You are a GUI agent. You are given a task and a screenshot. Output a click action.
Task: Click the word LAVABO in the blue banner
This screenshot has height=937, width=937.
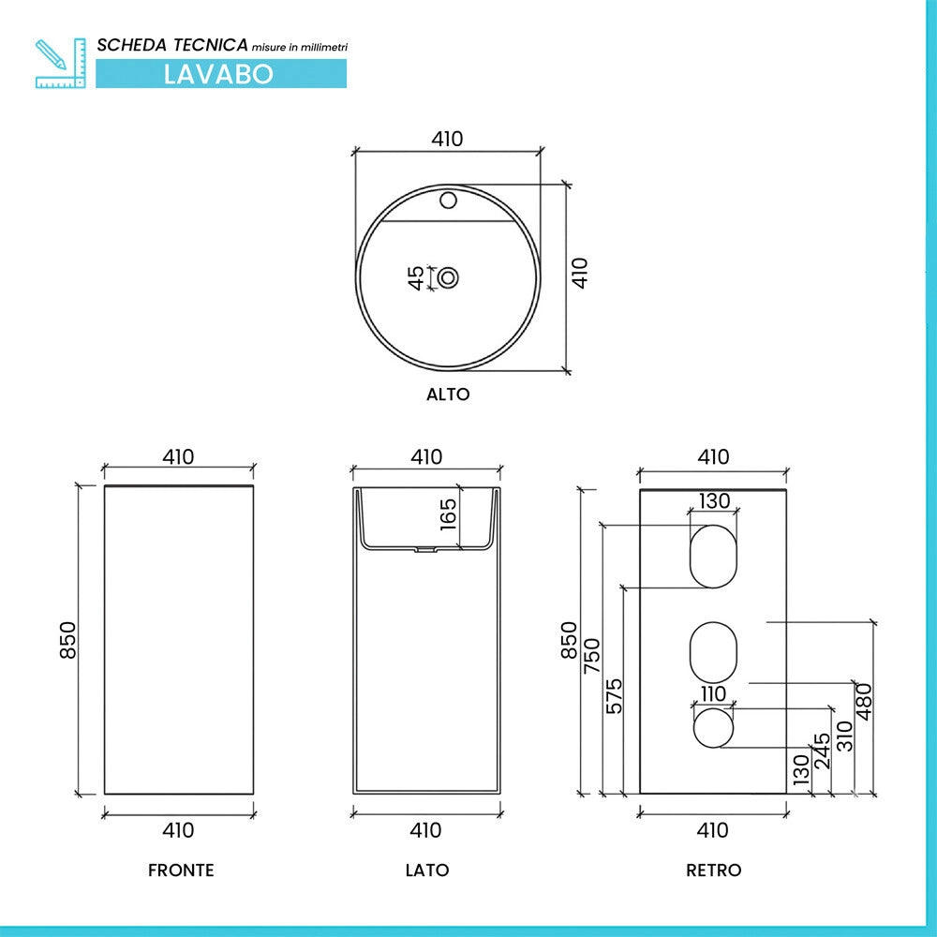(x=218, y=74)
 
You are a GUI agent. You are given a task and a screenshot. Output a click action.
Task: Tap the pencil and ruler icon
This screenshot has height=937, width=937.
(x=60, y=64)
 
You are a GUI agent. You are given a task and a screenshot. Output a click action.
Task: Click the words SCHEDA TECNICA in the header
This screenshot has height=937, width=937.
(x=172, y=45)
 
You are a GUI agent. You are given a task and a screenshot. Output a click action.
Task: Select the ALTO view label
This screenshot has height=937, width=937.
(x=448, y=394)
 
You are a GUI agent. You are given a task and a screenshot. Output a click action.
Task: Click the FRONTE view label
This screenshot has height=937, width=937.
(x=181, y=870)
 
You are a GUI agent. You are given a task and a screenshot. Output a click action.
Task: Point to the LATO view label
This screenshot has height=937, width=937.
(x=427, y=870)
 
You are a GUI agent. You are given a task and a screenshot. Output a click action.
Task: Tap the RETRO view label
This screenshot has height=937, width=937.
(x=713, y=870)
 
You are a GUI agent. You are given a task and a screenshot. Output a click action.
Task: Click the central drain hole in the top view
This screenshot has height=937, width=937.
(x=448, y=278)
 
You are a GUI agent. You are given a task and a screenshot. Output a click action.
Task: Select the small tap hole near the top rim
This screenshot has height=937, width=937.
(x=448, y=200)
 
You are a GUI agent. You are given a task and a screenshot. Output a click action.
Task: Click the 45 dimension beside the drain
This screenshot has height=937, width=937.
(x=416, y=278)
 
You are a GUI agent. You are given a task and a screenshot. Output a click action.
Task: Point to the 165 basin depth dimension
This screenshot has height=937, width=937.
(x=448, y=514)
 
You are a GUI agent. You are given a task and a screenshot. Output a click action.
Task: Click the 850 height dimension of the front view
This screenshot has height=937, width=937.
(x=68, y=640)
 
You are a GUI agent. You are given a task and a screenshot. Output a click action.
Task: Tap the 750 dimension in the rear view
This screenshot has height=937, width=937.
(x=591, y=656)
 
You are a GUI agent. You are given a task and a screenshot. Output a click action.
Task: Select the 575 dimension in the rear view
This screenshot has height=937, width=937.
(x=614, y=696)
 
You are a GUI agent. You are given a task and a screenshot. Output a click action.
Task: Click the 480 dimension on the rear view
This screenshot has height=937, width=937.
(x=865, y=702)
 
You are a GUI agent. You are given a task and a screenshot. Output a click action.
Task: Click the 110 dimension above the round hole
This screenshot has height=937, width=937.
(x=713, y=694)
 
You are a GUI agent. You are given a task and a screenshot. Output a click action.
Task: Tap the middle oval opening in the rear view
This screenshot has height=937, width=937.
(x=713, y=652)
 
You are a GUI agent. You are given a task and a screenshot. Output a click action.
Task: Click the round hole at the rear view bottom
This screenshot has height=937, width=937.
(x=713, y=728)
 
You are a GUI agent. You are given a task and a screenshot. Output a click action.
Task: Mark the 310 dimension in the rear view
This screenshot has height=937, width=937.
(x=844, y=736)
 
